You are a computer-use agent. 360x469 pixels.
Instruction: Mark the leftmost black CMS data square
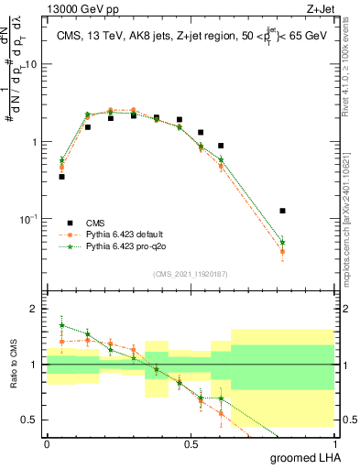point(61,176)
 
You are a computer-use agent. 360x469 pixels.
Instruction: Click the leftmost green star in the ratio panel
point(61,325)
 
